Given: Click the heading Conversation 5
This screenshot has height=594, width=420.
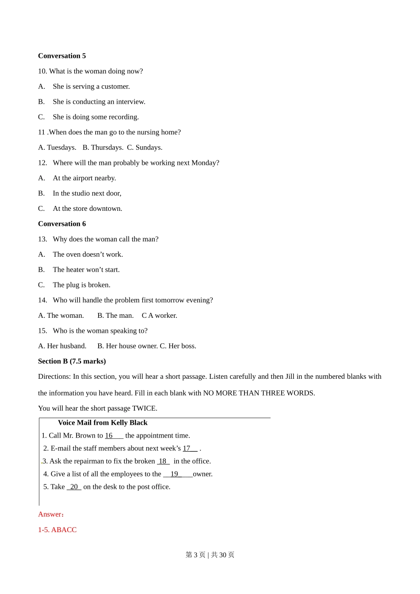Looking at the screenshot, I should (62, 56).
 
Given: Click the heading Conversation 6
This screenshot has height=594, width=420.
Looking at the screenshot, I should (62, 224).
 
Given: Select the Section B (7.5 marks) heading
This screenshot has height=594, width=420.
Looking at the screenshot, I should (72, 361).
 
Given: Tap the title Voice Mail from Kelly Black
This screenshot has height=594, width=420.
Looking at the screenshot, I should (103, 423).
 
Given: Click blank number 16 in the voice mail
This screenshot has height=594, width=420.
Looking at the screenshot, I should (114, 435).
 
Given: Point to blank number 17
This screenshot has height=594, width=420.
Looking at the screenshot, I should (190, 448).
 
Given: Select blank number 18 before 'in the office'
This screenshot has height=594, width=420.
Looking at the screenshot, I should (163, 461).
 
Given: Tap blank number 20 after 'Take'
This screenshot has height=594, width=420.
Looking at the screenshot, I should (74, 487).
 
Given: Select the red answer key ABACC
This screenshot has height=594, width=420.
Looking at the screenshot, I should (64, 529).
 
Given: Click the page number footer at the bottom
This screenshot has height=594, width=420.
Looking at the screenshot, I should (210, 555).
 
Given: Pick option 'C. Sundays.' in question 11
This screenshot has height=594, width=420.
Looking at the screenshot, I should (145, 147).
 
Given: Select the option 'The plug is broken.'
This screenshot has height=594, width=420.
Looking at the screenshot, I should (81, 285).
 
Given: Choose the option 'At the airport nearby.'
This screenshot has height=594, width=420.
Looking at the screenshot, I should (84, 178).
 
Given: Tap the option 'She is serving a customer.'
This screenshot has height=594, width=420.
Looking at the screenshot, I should (91, 86).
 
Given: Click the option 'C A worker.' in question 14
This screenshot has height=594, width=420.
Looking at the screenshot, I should (159, 315).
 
